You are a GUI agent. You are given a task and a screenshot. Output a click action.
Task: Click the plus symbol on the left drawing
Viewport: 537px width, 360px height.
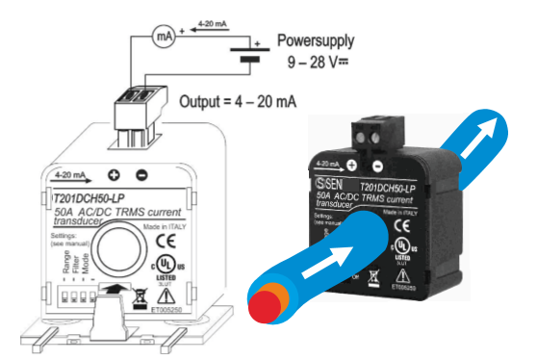point(114,176)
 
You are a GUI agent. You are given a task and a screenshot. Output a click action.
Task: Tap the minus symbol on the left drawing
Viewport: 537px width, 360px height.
point(142,176)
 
